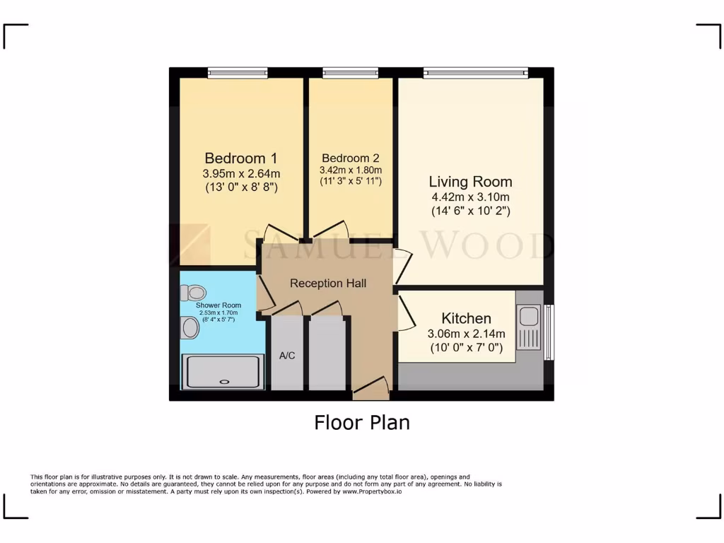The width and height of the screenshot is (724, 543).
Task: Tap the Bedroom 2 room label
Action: coord(351,158)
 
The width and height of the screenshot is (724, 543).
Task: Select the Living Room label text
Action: coord(471,182)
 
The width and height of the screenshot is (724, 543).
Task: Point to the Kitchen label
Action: coord(466,318)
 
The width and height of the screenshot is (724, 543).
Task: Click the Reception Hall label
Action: coord(328,284)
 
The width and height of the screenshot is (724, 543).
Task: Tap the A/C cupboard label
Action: coord(287,356)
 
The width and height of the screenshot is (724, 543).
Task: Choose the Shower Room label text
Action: coord(218,305)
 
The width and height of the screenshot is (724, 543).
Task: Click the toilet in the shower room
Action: coord(193,292)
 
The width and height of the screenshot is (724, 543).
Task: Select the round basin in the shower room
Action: coord(190,327)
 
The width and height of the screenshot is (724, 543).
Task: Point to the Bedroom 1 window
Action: coord(238,72)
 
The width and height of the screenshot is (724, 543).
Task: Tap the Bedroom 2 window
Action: coord(350,72)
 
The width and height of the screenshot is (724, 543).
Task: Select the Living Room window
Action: coord(475,72)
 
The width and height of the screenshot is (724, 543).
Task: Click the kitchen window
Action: coord(549,332)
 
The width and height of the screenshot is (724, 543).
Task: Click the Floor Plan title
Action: coord(361,423)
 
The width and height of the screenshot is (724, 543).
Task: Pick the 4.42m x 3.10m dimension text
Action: coord(471,197)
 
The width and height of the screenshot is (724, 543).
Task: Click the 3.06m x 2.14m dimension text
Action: coord(466,334)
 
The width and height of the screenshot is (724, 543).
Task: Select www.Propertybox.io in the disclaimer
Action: coord(372,491)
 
